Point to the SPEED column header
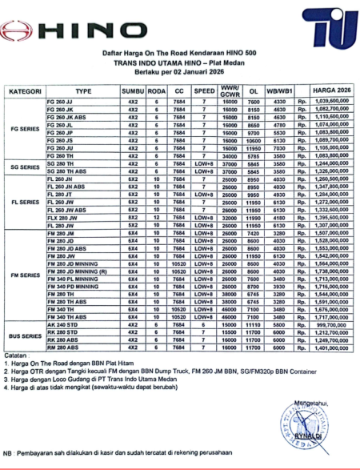[x=204, y=92]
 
